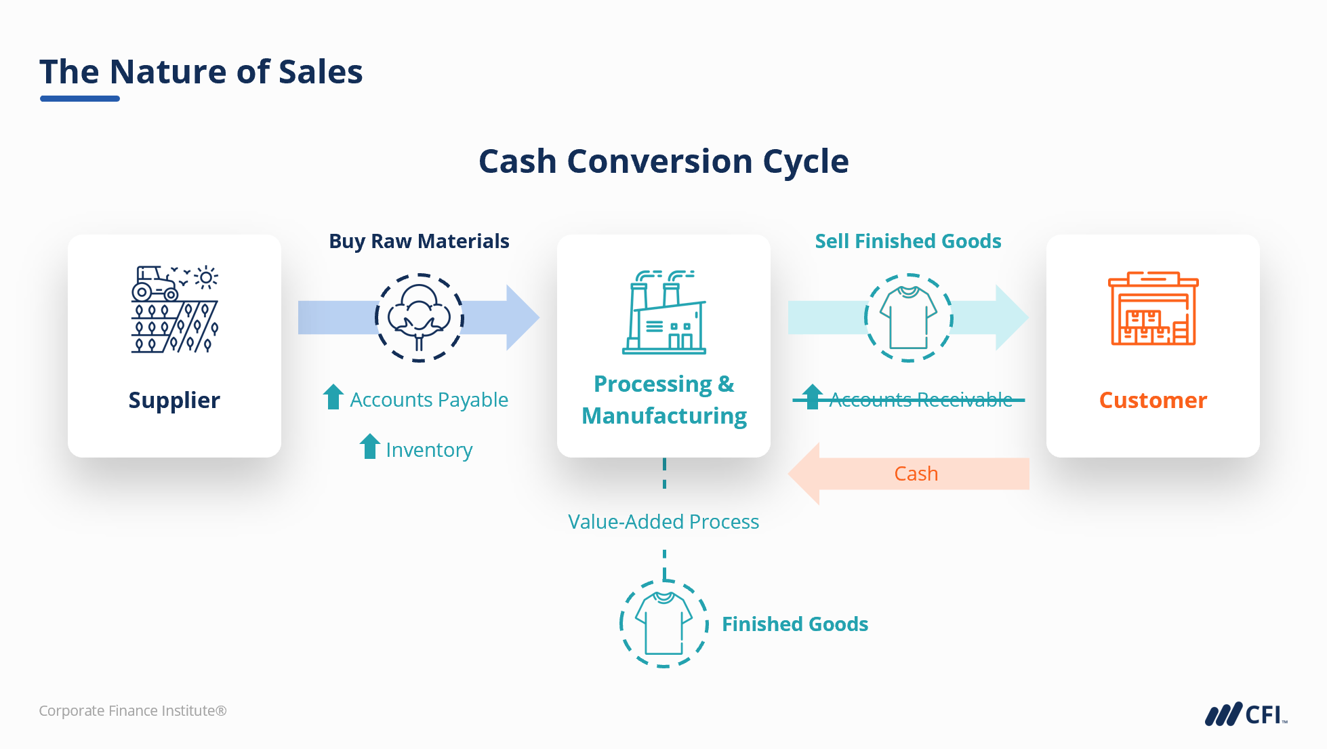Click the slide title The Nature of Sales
click(201, 72)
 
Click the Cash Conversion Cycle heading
click(663, 161)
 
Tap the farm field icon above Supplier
click(175, 309)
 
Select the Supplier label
click(174, 400)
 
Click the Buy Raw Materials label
click(419, 241)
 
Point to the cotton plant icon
click(419, 317)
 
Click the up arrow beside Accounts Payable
click(333, 397)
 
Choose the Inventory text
click(429, 450)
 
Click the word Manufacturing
click(664, 416)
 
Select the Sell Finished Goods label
click(907, 241)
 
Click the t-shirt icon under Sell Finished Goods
click(908, 317)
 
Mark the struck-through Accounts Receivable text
click(920, 400)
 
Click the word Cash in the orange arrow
click(916, 474)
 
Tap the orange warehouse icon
click(1153, 309)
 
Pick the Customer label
click(1153, 400)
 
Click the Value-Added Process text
click(663, 522)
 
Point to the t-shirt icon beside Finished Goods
click(663, 624)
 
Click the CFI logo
click(1246, 714)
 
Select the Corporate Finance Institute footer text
click(133, 711)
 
